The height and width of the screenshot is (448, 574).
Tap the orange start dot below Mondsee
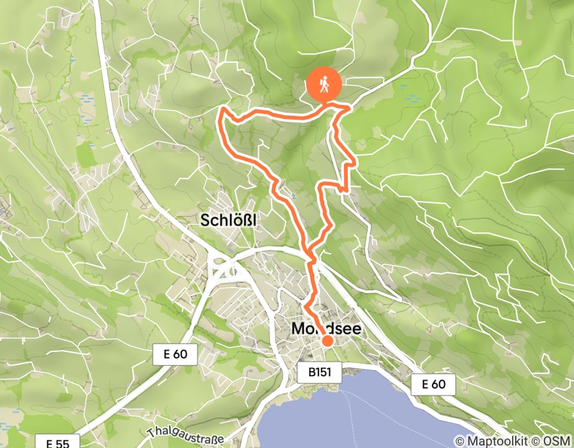pyautogui.click(x=327, y=340)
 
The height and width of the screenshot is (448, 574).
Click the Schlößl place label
pyautogui.click(x=228, y=220)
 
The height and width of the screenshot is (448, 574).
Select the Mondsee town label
pyautogui.click(x=326, y=329)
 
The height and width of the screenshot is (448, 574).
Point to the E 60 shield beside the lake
pyautogui.click(x=433, y=385)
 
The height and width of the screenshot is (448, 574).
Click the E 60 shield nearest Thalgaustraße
pyautogui.click(x=175, y=354)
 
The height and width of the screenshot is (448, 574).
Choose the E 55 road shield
pyautogui.click(x=62, y=442)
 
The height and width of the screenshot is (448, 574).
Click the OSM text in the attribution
pyautogui.click(x=557, y=441)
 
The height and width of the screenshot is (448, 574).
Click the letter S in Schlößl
pyautogui.click(x=206, y=221)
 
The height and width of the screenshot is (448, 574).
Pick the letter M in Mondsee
pyautogui.click(x=298, y=329)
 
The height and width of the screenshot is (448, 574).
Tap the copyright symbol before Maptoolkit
pyautogui.click(x=460, y=441)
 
